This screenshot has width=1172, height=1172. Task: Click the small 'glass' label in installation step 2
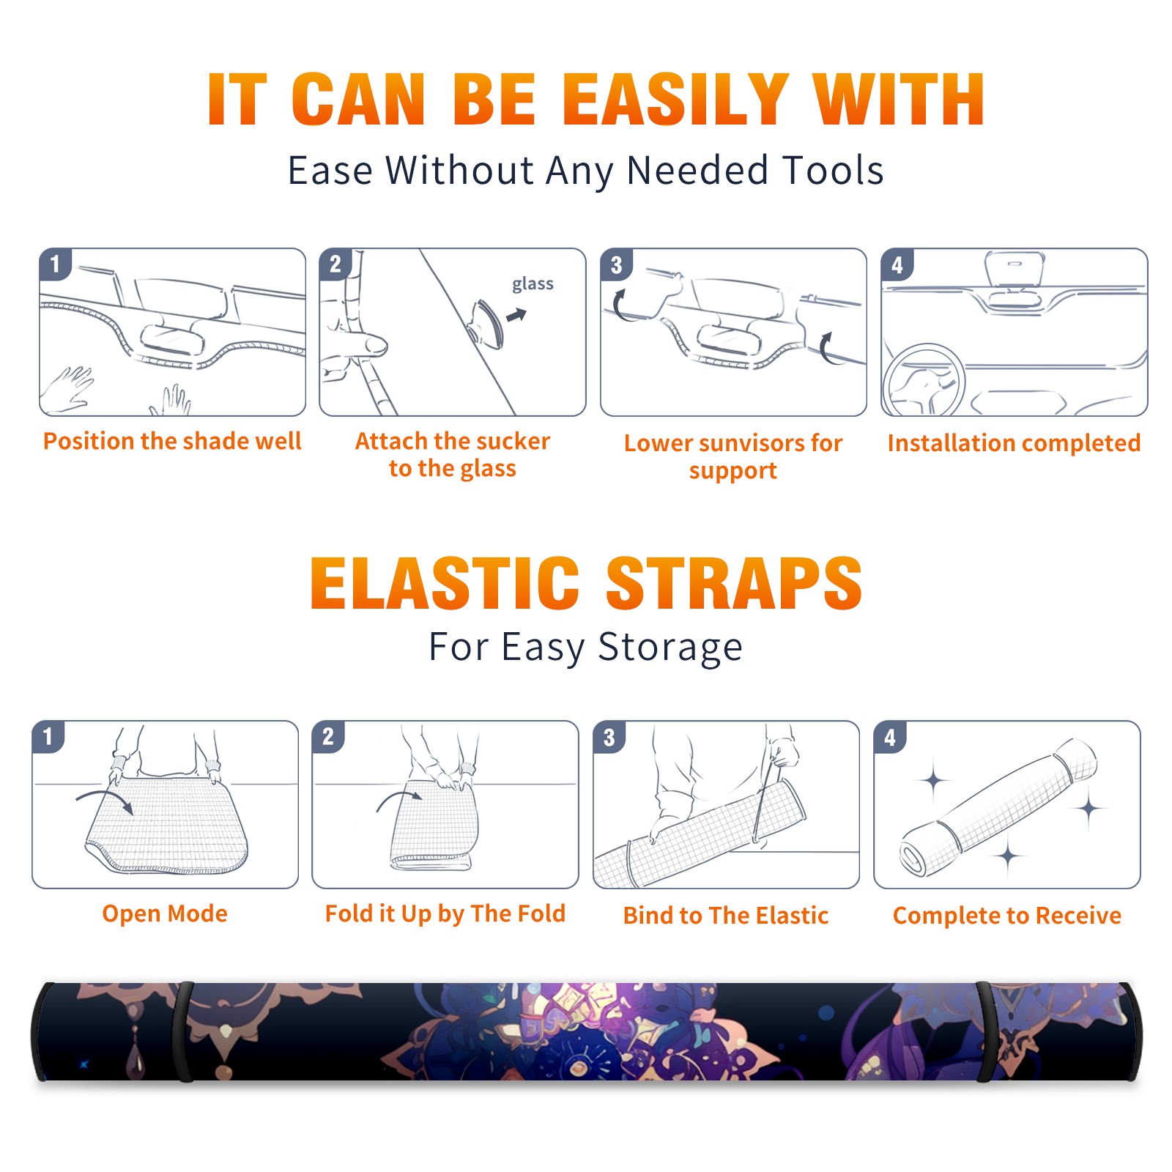[533, 284]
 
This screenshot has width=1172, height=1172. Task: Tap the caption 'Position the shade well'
[172, 441]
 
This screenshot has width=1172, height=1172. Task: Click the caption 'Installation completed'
[1014, 442]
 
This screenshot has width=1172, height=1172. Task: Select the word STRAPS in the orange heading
[734, 583]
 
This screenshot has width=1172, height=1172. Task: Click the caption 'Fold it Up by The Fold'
[445, 913]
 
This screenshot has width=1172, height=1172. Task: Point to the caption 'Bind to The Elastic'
[726, 915]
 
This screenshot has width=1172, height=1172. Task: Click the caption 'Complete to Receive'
[1007, 915]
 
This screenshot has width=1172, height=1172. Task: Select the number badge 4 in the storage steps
[890, 738]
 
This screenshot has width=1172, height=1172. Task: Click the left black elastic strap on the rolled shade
[183, 1031]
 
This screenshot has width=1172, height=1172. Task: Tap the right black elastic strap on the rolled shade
[986, 1031]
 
